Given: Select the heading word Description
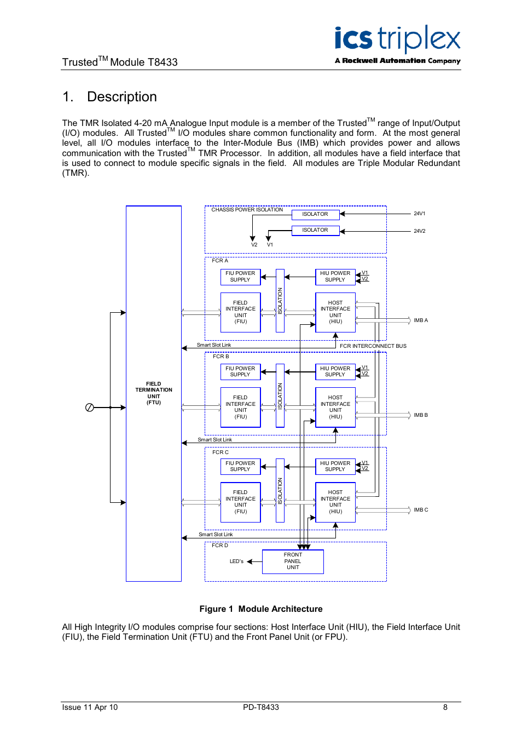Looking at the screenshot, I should pos(121,97).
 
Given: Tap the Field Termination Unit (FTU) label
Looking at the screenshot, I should pos(154,393).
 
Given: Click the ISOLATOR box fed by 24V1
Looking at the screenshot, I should pos(315,214).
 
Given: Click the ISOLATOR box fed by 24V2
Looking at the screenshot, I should pos(315,230).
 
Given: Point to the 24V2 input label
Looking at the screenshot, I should pos(419,231).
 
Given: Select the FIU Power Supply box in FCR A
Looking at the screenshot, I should pos(240,277).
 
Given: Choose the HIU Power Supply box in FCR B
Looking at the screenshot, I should pos(335,371).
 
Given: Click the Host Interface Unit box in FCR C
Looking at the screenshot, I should pos(335,502).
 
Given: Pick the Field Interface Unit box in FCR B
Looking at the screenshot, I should pos(240,407).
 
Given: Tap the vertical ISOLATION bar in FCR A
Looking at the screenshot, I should pos(280,300).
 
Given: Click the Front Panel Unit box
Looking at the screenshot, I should pos(293,561).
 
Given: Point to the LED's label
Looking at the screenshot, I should pos(236,561).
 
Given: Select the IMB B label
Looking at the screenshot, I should pos(421,415).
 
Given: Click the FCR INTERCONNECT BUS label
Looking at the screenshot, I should pos(373,346).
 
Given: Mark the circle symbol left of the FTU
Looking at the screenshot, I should pos(90,408).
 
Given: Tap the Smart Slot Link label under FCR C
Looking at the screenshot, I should pos(216,535).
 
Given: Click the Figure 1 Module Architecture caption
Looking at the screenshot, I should pos(261,609).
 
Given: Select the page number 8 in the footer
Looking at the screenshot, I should pos(445,707).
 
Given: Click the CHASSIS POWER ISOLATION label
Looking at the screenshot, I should pos(247,210).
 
